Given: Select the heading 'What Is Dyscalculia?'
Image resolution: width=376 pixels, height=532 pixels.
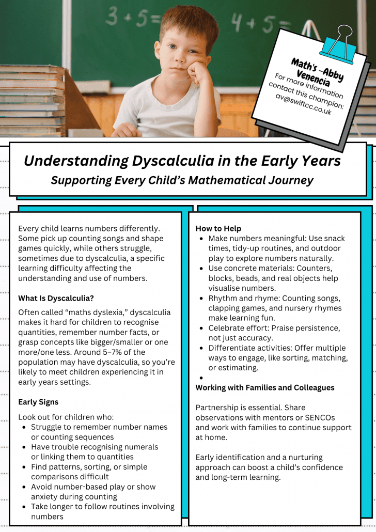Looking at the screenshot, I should point(56,298).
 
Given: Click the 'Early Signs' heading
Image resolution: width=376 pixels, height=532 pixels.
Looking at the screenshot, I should point(38,402).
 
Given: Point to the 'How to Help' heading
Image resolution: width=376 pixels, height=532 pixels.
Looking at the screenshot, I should point(218,228).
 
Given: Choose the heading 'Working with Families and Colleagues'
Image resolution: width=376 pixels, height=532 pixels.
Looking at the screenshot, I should point(265,387).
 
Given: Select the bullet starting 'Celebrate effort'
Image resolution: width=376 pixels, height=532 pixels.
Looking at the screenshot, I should point(274,333).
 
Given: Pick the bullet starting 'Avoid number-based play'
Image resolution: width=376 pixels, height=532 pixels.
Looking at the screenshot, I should point(93,492).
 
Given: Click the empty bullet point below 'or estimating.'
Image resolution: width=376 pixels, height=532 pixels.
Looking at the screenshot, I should point(201,378).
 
